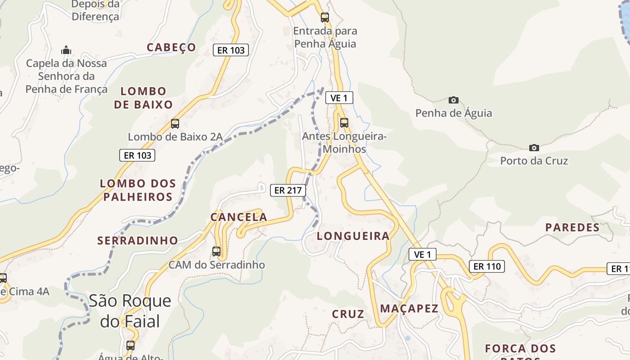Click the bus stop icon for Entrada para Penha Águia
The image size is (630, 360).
click(x=324, y=18)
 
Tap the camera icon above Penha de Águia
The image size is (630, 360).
click(x=454, y=100)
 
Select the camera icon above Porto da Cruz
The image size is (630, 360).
click(x=534, y=148)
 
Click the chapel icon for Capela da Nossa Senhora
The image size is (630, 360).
click(x=66, y=50)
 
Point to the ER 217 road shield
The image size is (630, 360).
click(x=288, y=190)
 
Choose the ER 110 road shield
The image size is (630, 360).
click(x=487, y=266)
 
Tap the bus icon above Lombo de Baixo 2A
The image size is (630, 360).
click(x=175, y=124)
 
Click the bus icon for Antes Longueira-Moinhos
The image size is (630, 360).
click(x=344, y=123)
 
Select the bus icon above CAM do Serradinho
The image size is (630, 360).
click(x=216, y=252)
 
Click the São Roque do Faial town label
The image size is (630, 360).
click(x=130, y=311)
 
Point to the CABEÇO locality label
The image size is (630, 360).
click(x=171, y=47)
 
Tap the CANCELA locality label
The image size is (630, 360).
click(x=239, y=217)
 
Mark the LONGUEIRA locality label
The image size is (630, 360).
click(x=353, y=236)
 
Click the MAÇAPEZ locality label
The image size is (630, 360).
click(x=409, y=308)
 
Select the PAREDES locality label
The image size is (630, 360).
click(x=572, y=227)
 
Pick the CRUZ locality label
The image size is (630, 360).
click(x=348, y=314)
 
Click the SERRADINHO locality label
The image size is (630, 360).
click(x=138, y=240)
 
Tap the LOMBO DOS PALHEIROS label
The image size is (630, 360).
click(x=138, y=190)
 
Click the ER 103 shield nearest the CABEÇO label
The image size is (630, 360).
click(x=231, y=50)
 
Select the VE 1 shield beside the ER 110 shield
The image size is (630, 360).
click(x=423, y=255)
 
